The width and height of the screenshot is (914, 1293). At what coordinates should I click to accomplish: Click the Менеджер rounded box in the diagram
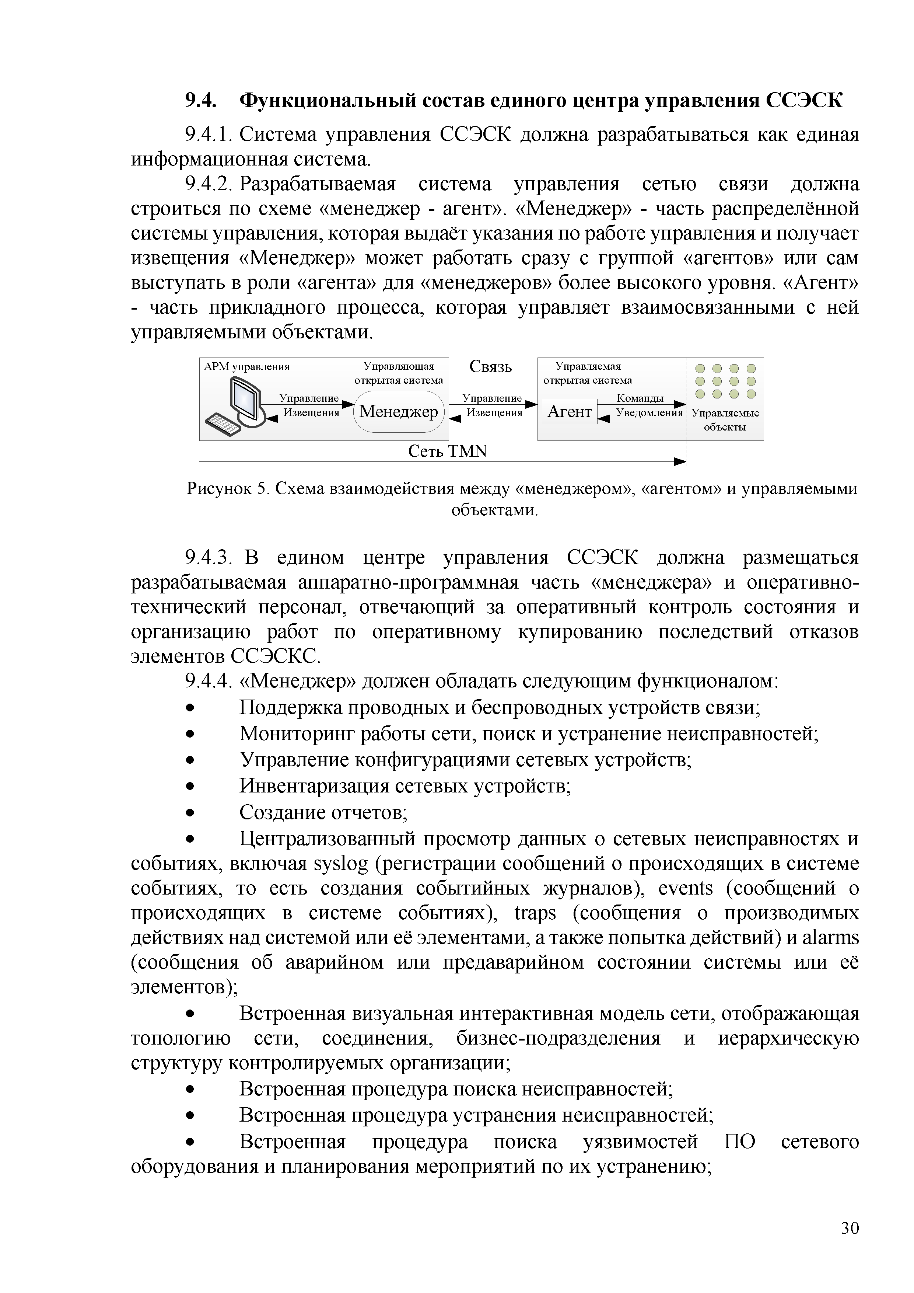pyautogui.click(x=399, y=412)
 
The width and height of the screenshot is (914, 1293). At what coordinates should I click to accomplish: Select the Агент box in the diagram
pyautogui.click(x=569, y=412)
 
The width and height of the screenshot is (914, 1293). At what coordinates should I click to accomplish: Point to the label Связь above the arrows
pyautogui.click(x=490, y=367)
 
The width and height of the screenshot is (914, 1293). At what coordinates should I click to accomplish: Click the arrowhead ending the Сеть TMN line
pyautogui.click(x=680, y=462)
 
